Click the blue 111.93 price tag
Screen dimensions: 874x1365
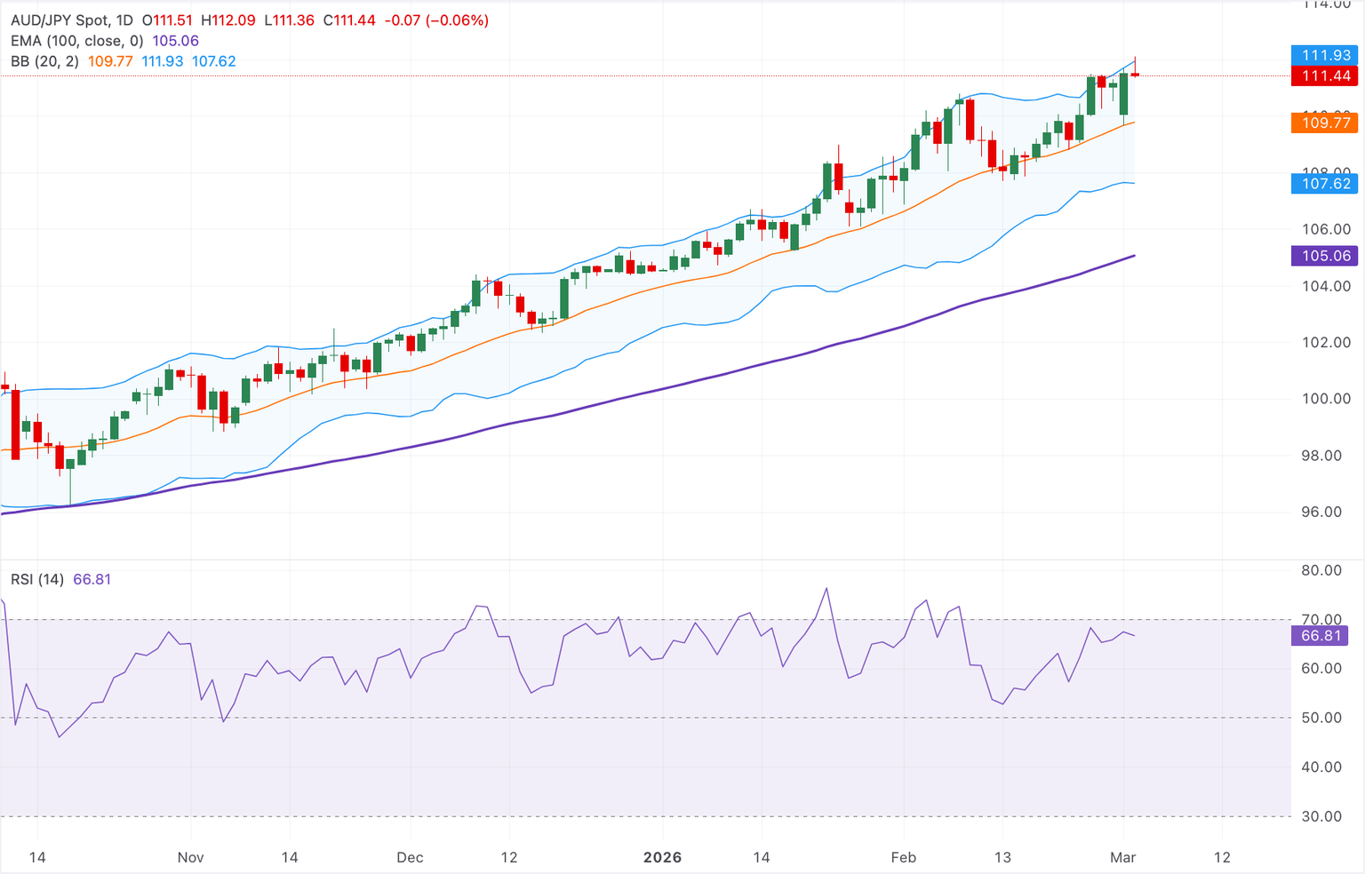pyautogui.click(x=1326, y=55)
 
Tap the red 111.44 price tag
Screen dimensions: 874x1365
pyautogui.click(x=1326, y=76)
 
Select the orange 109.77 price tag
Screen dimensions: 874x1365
pyautogui.click(x=1326, y=123)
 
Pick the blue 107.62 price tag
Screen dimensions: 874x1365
pyautogui.click(x=1326, y=184)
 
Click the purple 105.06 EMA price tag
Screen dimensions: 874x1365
pyautogui.click(x=1326, y=256)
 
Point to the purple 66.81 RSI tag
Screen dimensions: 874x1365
pyautogui.click(x=1321, y=636)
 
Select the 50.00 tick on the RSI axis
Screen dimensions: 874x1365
pyautogui.click(x=1321, y=718)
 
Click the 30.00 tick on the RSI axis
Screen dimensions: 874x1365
pyautogui.click(x=1321, y=816)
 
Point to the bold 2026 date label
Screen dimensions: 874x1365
pyautogui.click(x=662, y=857)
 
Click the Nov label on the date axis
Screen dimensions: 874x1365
pyautogui.click(x=190, y=857)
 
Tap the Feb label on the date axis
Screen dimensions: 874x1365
pyautogui.click(x=903, y=857)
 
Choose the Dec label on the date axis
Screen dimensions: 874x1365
pyautogui.click(x=410, y=857)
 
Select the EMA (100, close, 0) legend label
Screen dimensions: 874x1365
pyautogui.click(x=77, y=41)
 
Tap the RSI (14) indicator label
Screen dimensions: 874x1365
pyautogui.click(x=37, y=579)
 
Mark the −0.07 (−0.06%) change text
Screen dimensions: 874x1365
pyautogui.click(x=436, y=20)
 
